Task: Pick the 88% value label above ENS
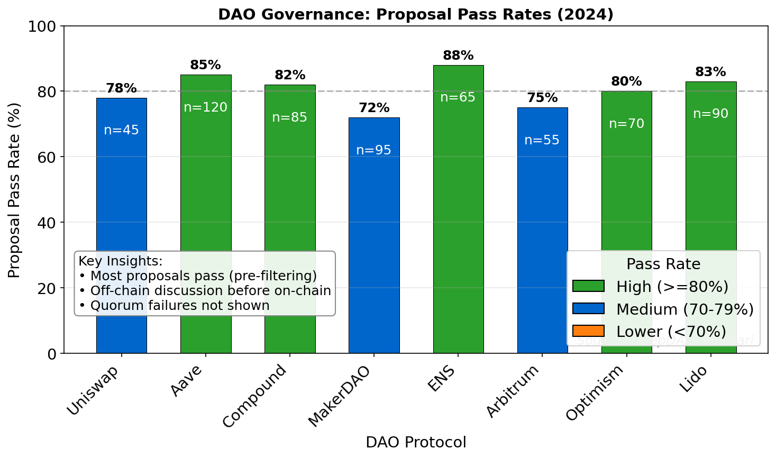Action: tap(458, 56)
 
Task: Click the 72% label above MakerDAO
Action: tap(374, 108)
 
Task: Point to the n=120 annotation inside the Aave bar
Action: tap(205, 107)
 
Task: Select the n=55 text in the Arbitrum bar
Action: tap(542, 140)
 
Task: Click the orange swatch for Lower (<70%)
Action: tap(588, 331)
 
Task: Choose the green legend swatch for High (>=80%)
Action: tap(588, 286)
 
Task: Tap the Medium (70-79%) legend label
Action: tap(684, 309)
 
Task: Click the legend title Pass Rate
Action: tap(663, 264)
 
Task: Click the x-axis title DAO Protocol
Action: tap(416, 442)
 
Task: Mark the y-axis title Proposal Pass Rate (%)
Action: tap(14, 190)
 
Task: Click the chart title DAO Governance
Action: tap(416, 14)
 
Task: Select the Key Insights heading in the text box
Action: tap(121, 261)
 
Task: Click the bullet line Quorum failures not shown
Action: tap(175, 305)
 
